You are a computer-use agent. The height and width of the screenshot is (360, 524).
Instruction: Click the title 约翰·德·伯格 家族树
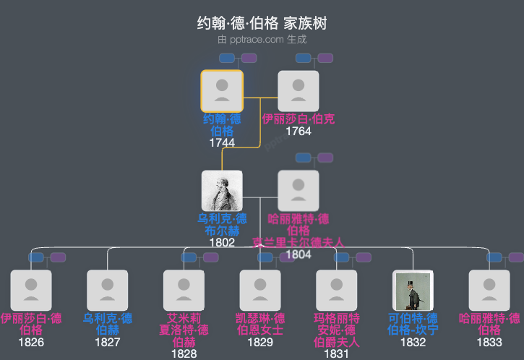point(262,24)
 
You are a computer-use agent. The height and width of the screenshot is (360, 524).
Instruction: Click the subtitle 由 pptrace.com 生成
point(262,40)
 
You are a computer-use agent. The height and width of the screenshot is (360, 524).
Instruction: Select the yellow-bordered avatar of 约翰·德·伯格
point(222,90)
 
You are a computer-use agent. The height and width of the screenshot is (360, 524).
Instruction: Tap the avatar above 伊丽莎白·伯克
point(298,90)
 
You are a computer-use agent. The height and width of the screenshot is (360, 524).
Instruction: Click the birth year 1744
point(222,142)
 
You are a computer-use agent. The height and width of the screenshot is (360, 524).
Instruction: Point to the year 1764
point(298,131)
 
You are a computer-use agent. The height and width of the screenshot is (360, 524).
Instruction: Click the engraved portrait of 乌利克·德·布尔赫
point(222,191)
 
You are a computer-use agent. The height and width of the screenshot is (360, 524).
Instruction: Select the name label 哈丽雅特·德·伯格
point(298,224)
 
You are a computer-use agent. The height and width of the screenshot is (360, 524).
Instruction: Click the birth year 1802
point(222,242)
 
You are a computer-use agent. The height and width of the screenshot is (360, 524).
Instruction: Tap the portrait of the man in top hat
point(413,290)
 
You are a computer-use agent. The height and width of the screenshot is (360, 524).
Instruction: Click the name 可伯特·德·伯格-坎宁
point(413,324)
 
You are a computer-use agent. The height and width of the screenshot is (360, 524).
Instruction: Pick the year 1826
point(31,342)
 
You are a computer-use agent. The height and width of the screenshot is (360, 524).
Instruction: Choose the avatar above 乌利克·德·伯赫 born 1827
point(107,290)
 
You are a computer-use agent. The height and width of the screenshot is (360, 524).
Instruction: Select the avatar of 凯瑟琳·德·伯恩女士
point(260,290)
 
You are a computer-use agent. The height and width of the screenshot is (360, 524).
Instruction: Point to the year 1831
point(336,353)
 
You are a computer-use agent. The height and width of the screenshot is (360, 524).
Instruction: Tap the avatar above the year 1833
point(489,290)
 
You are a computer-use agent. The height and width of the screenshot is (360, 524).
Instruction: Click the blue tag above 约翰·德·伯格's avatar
point(227,58)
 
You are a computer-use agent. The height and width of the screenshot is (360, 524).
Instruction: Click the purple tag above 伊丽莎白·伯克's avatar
point(325,58)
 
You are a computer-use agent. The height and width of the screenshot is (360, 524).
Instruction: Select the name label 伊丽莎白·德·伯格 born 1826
point(31,324)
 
